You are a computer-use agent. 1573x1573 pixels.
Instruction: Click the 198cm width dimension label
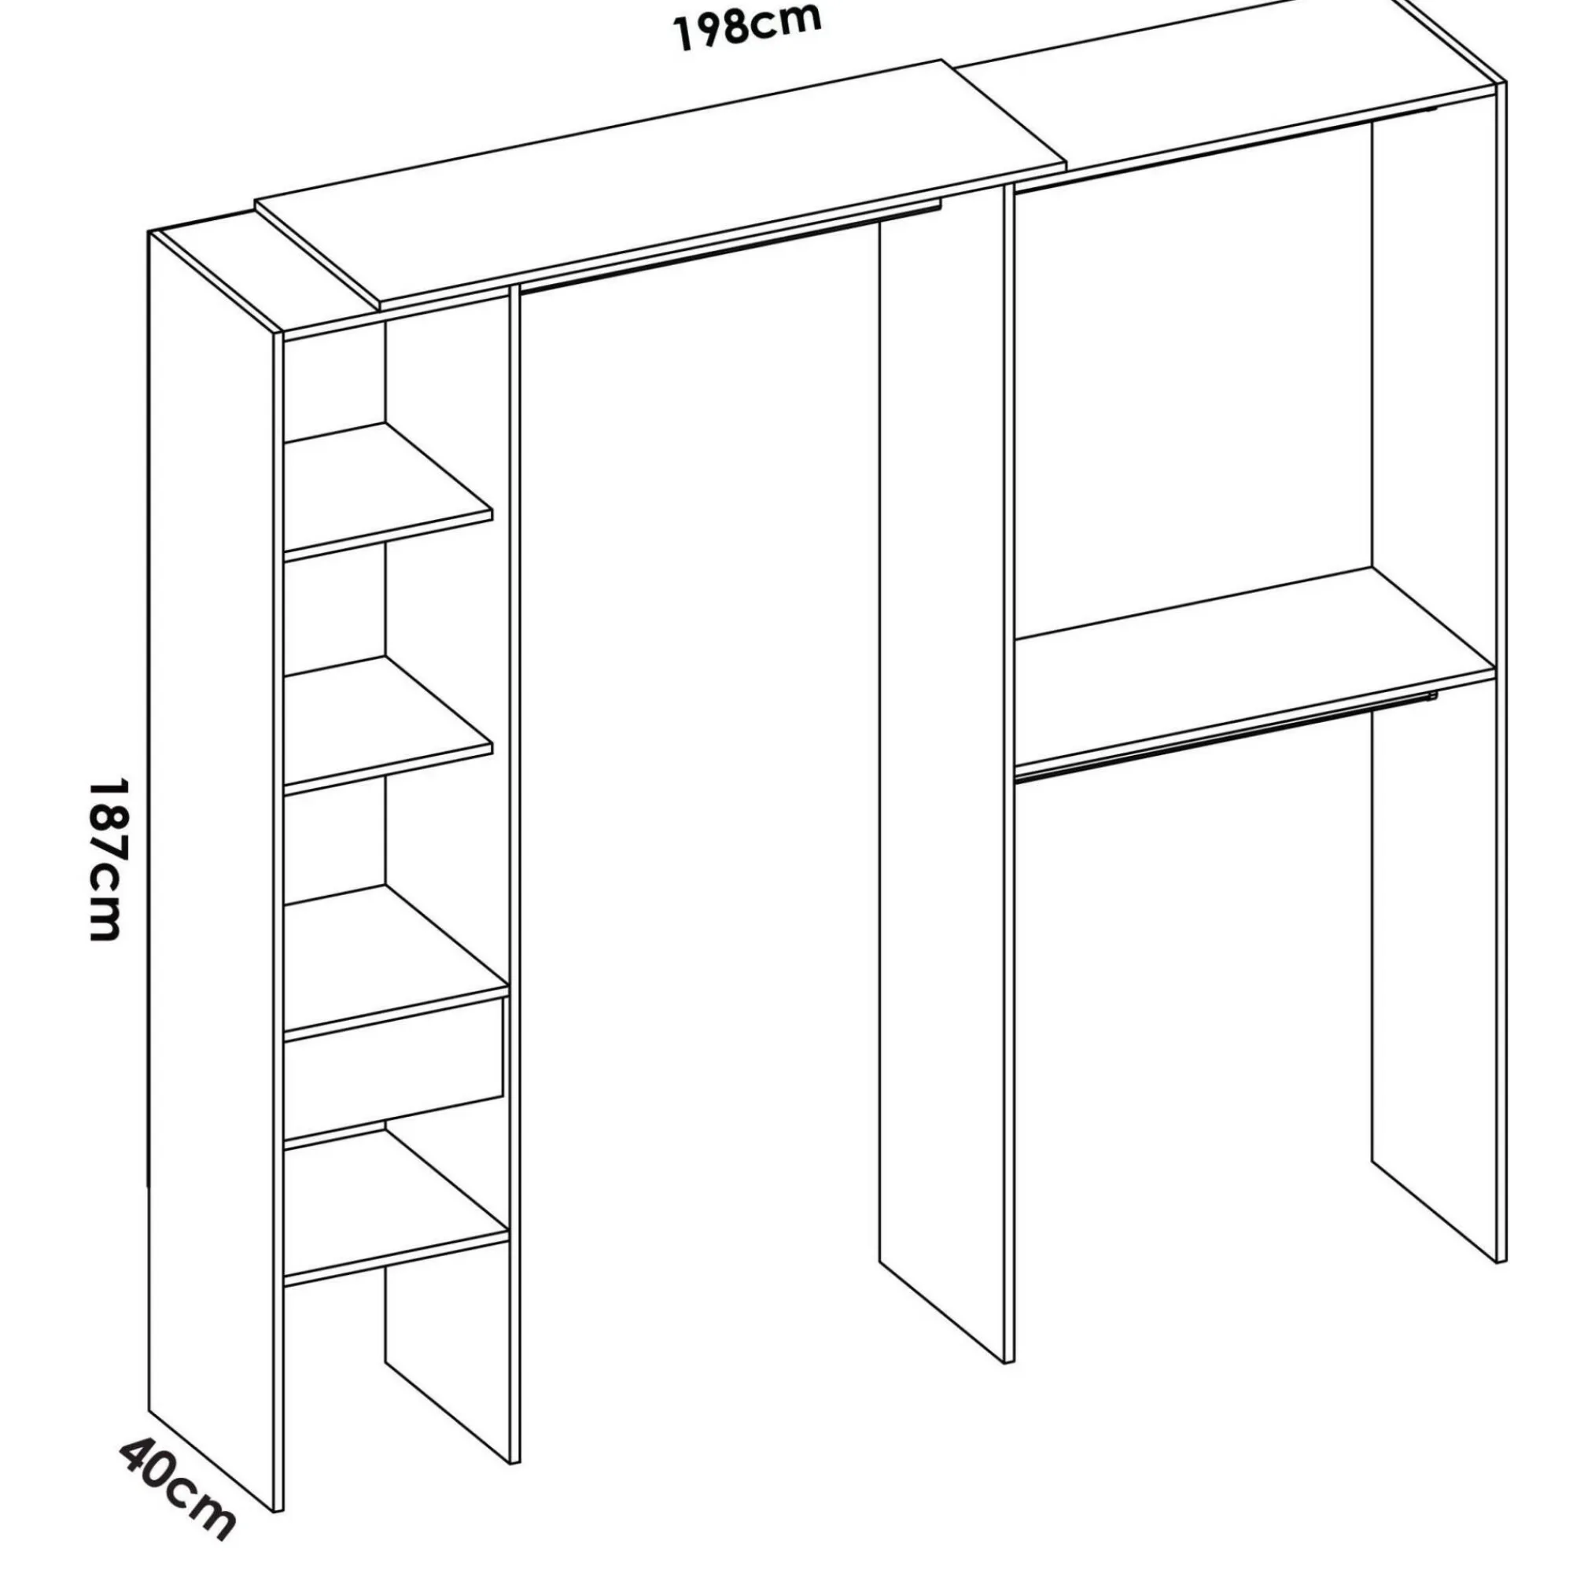pos(746,27)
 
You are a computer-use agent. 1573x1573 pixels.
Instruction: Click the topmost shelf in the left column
pos(388,488)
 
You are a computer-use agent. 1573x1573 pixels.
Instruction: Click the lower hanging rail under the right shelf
pos(1225,738)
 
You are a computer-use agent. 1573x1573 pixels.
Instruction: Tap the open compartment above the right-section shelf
pos(1254,383)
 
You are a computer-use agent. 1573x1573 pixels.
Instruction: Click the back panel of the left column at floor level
pos(448,1384)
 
